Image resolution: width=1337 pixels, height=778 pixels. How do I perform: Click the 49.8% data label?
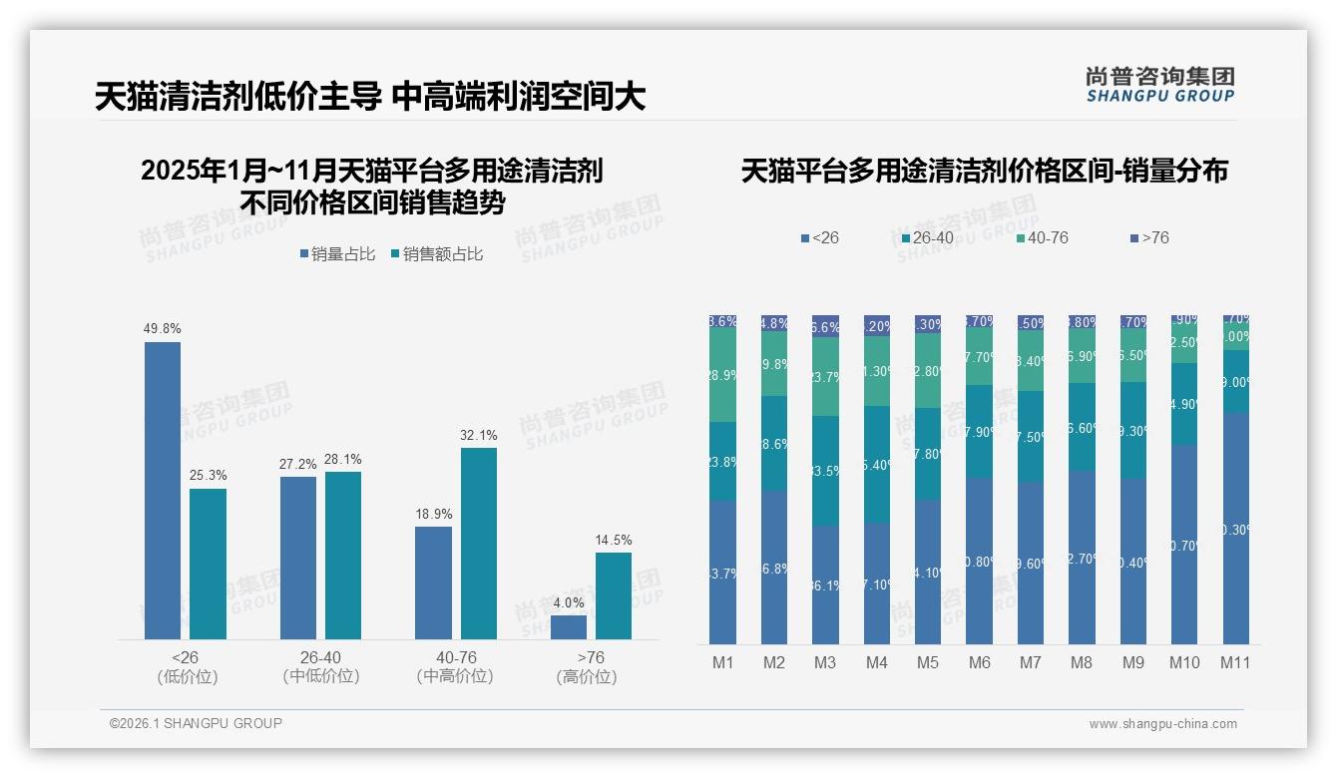(x=163, y=328)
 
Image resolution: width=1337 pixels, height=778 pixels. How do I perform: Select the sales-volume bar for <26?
(x=163, y=490)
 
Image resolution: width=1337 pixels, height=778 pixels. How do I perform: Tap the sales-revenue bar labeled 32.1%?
(x=478, y=543)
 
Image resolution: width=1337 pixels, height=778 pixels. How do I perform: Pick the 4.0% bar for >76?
(x=569, y=627)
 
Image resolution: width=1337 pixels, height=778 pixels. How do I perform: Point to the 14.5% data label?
(x=614, y=540)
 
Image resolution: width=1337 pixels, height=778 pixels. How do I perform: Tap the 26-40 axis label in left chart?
(x=320, y=658)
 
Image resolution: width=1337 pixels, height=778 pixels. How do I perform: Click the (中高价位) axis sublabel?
(x=456, y=676)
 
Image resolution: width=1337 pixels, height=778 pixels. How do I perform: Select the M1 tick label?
(x=722, y=662)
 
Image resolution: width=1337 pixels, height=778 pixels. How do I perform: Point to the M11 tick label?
(x=1235, y=662)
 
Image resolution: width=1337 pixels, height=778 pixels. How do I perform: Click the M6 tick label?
(x=979, y=662)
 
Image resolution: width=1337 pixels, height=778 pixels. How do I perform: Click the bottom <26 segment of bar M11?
(x=1236, y=529)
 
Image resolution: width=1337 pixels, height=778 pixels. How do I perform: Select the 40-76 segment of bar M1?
(x=722, y=375)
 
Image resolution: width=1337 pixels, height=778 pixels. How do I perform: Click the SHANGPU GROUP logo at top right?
(x=1159, y=85)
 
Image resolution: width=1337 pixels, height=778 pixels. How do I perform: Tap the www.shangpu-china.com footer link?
(x=1162, y=724)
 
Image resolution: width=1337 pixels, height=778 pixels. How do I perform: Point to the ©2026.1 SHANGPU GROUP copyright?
(x=196, y=723)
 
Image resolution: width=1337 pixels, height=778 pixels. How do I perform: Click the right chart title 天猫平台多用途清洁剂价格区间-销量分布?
(x=984, y=172)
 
